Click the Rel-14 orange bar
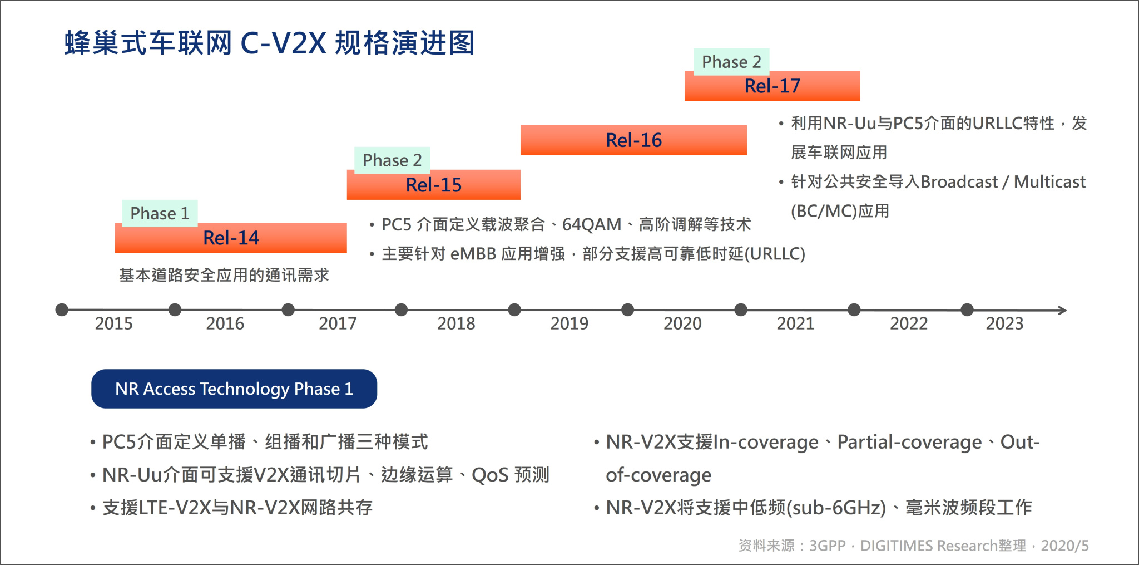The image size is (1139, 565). coord(231,238)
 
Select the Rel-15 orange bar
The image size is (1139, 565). coord(433,185)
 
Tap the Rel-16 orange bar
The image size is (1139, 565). coord(633,140)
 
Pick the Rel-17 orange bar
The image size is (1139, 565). coord(772,86)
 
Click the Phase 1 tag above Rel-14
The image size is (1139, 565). coord(160,213)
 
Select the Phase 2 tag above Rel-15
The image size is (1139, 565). coord(392,160)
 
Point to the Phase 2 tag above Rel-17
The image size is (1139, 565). coord(731,62)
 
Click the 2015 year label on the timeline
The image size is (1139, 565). coord(114,323)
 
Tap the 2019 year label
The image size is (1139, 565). coord(569,323)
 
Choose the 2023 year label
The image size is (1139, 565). coord(1004,323)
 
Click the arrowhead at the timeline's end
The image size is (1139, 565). coord(1062,310)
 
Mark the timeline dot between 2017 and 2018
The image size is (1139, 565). coord(401,309)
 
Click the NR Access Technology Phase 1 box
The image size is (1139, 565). coord(234,389)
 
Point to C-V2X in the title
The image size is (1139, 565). coord(283,43)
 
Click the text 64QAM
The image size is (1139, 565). coord(591,225)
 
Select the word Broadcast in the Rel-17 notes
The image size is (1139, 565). coord(959,182)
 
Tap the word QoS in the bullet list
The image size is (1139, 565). coord(490,475)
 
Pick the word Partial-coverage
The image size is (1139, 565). coord(909,443)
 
